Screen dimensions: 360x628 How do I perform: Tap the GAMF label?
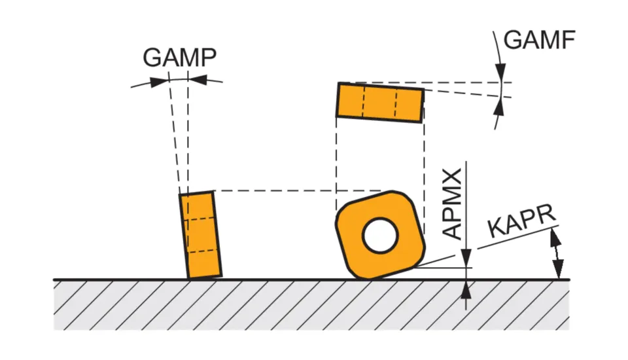[539, 41]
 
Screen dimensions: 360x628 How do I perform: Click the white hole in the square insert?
[380, 236]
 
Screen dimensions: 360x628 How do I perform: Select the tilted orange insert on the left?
[200, 234]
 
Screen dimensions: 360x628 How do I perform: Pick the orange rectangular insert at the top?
[379, 101]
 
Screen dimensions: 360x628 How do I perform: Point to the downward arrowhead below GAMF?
[500, 72]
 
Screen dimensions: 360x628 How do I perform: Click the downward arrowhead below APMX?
[466, 258]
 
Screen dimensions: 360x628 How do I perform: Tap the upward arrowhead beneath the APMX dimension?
[466, 289]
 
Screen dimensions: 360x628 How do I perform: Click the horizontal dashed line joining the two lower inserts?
[294, 191]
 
